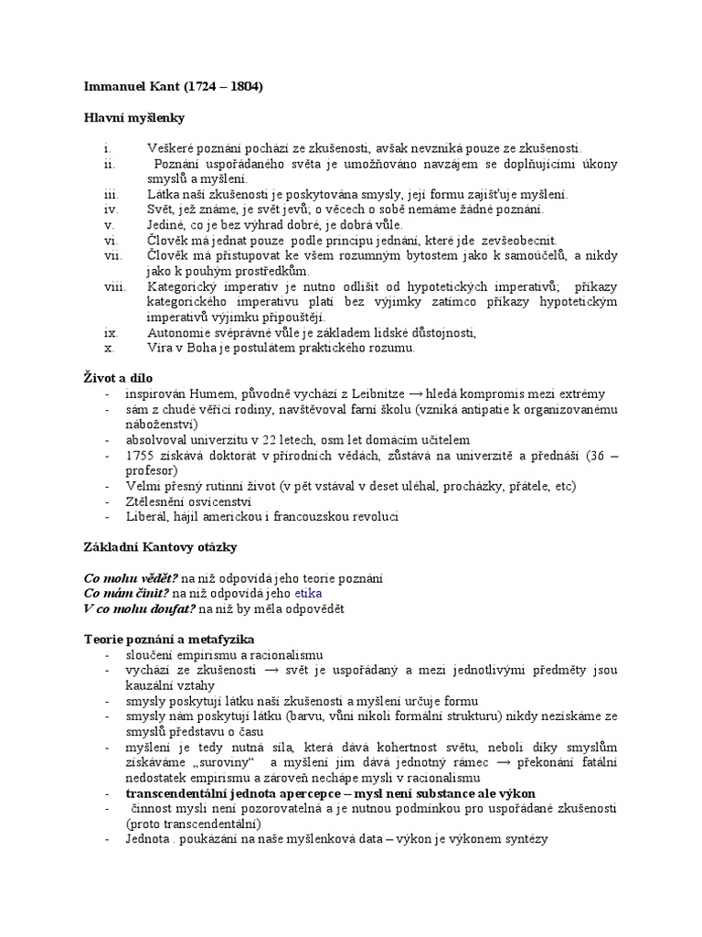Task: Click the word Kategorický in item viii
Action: (x=180, y=286)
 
